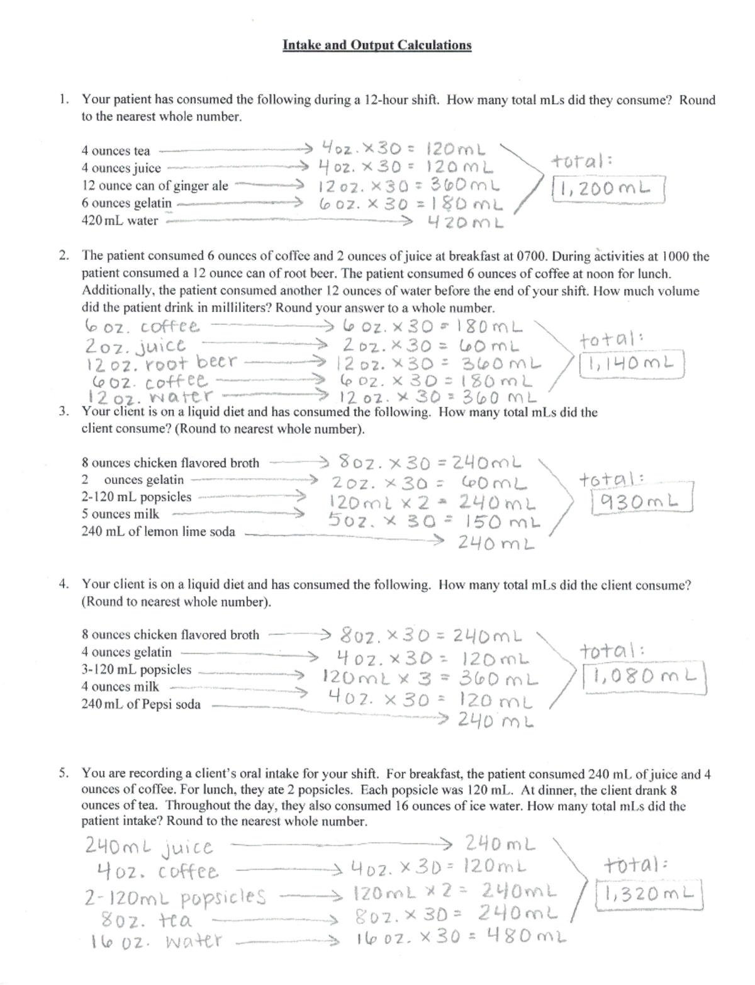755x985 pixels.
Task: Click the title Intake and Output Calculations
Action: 376,45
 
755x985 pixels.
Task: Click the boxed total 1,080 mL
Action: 644,677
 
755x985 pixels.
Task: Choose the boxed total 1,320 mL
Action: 650,893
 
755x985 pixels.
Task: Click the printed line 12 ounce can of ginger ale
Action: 155,186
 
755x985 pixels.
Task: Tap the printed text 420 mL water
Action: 120,221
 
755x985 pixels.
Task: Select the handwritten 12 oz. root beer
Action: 162,363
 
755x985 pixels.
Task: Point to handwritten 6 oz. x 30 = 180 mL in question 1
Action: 411,205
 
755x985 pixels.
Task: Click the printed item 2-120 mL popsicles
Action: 137,497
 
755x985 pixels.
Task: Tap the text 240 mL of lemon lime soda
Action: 158,531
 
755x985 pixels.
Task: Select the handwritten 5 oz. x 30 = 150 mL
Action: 434,522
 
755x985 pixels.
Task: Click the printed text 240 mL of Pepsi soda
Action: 141,704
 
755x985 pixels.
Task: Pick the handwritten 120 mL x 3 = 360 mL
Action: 430,679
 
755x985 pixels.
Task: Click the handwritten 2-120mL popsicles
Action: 175,896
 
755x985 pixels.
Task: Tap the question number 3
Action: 63,412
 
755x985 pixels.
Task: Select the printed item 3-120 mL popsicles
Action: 137,669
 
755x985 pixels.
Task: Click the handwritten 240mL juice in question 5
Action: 148,847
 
